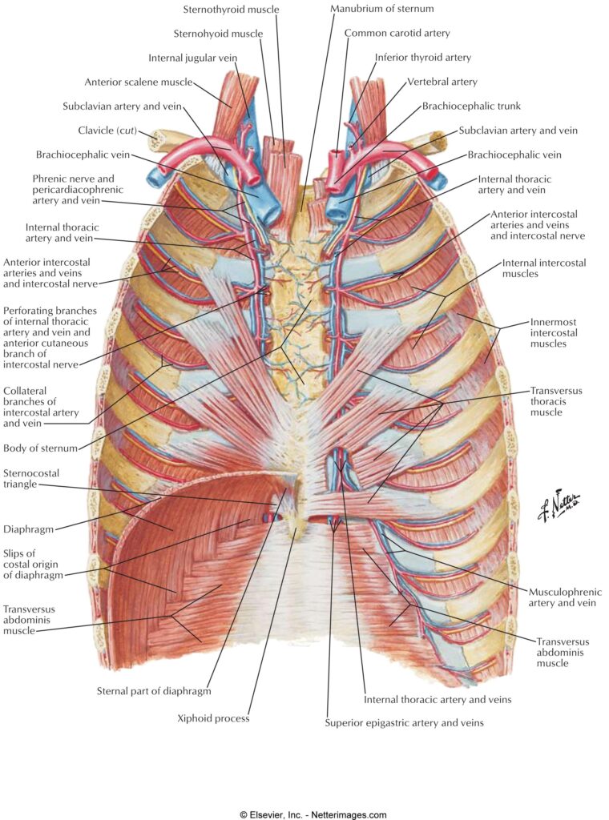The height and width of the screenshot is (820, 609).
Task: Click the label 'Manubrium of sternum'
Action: (382, 9)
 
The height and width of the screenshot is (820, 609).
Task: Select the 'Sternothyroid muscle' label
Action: (232, 10)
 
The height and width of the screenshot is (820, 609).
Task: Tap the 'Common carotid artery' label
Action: (397, 33)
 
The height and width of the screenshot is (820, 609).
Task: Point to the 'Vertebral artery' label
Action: (442, 82)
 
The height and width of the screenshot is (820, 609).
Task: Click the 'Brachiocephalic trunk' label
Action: (471, 106)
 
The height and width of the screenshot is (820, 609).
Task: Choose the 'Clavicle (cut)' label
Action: (107, 131)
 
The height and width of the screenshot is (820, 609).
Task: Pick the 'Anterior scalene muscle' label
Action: (139, 82)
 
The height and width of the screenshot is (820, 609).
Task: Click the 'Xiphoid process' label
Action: (213, 718)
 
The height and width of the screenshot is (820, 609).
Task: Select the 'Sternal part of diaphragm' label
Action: (154, 691)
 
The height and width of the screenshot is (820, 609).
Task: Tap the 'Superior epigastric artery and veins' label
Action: (404, 723)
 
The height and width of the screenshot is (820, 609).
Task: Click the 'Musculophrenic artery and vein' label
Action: (565, 597)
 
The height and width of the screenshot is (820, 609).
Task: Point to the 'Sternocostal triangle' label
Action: (31, 479)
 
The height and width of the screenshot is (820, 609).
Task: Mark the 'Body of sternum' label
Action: (40, 448)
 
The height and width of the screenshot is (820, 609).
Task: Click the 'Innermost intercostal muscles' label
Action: (554, 332)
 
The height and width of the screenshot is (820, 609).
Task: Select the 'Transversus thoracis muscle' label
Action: (556, 401)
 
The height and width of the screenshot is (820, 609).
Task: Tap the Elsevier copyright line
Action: (313, 814)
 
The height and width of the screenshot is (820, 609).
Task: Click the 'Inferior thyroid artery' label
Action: (423, 58)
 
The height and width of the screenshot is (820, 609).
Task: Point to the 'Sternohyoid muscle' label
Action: (218, 34)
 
